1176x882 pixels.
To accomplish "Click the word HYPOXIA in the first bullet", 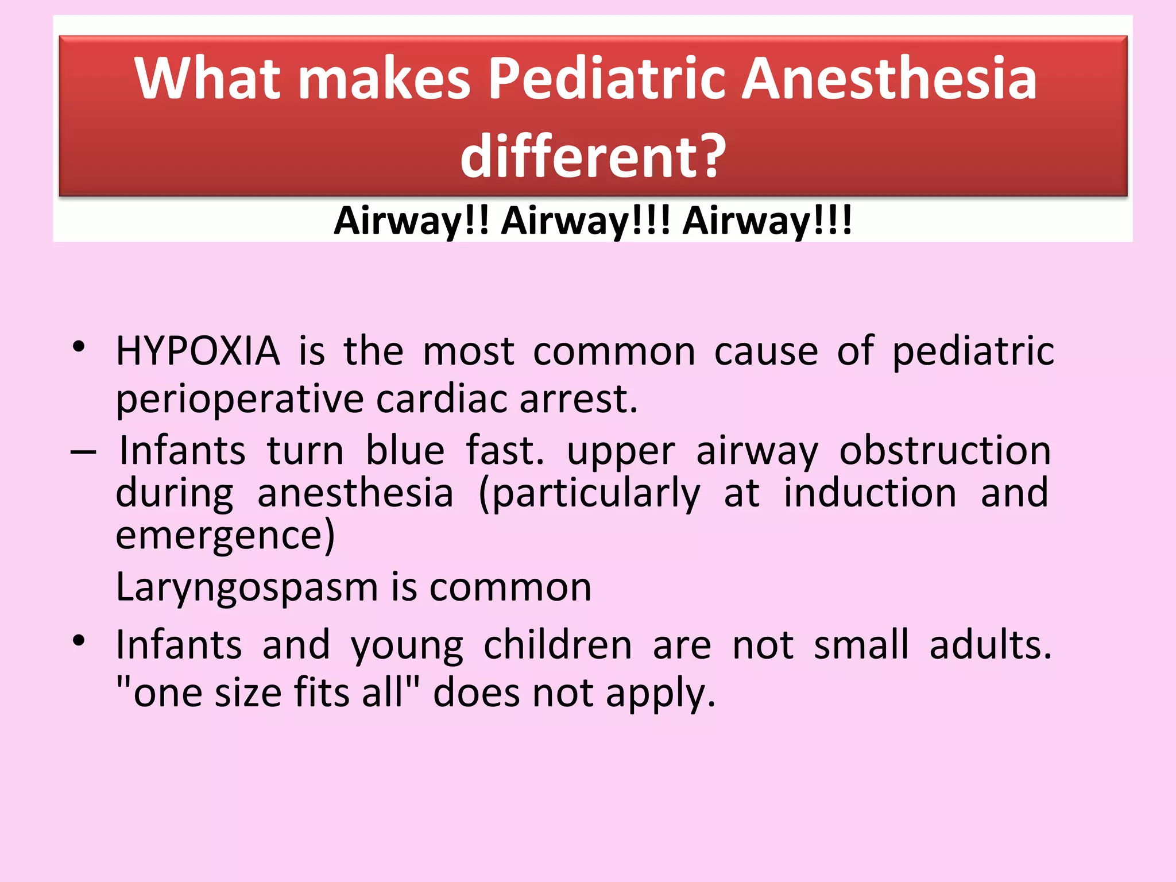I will (x=198, y=351).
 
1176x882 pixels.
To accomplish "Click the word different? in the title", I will (x=593, y=156).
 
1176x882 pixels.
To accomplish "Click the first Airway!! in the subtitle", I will (x=411, y=220).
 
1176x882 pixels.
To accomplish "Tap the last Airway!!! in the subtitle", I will (x=767, y=220).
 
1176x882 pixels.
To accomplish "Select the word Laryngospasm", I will (x=247, y=588).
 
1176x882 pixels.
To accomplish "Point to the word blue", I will (x=405, y=451).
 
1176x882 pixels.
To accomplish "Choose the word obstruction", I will (x=945, y=451).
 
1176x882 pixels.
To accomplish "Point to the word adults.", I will (x=990, y=645).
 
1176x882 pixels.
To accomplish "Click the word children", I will (x=558, y=645).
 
